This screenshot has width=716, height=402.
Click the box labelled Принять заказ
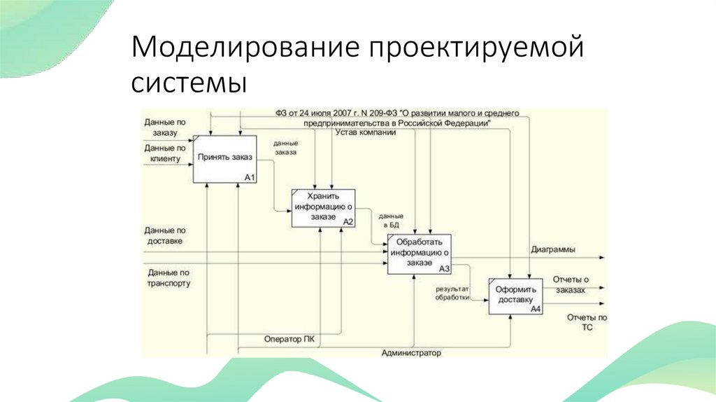click(225, 159)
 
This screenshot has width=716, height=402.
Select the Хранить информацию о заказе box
click(322, 207)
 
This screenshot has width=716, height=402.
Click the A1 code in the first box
click(250, 178)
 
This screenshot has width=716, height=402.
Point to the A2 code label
click(348, 221)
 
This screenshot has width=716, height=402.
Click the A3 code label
click(444, 268)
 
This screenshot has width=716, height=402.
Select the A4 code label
click(536, 309)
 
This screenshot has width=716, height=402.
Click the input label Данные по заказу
click(165, 127)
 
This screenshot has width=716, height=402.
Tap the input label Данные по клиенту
click(165, 153)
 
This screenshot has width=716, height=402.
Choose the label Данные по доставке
click(165, 235)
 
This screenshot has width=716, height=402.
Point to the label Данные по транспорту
click(169, 277)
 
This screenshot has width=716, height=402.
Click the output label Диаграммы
click(553, 249)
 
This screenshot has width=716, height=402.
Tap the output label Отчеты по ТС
click(587, 322)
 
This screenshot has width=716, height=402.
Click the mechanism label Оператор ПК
click(289, 340)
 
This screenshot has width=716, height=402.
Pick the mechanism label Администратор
click(411, 353)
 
